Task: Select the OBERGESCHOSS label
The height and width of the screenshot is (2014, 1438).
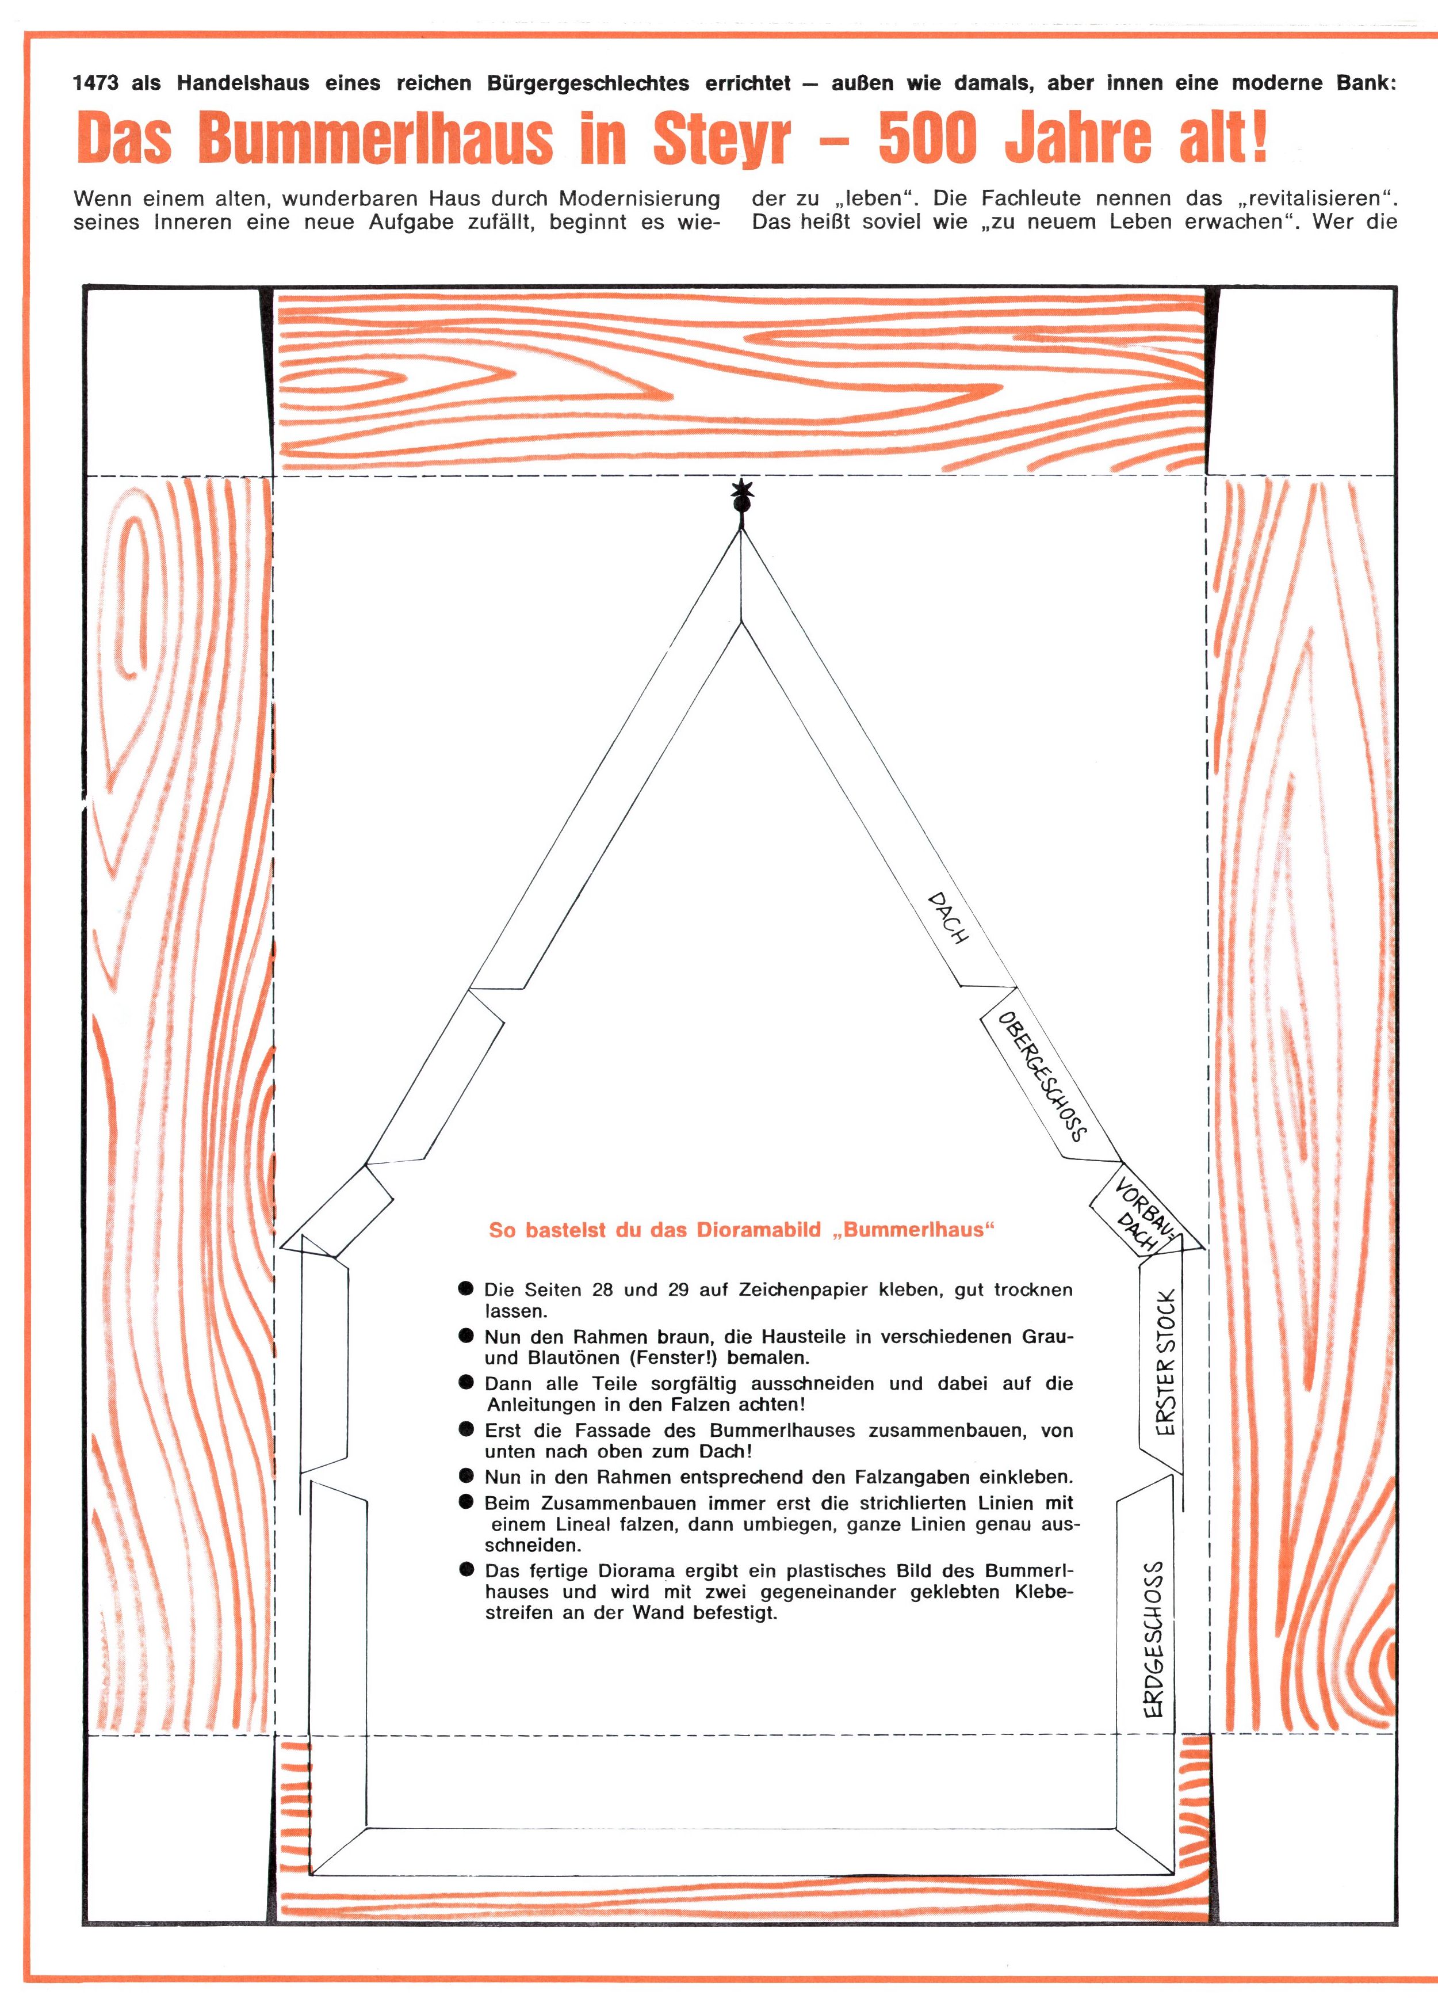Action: point(1042,1075)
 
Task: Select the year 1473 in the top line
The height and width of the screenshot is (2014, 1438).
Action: point(95,84)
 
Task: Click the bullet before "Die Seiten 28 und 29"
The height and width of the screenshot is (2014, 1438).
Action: point(466,1288)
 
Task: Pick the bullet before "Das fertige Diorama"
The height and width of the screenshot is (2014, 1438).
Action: point(466,1570)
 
